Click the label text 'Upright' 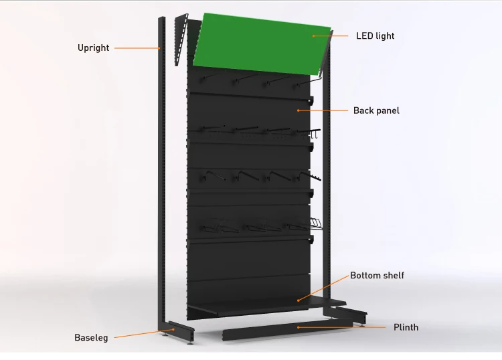click(93, 48)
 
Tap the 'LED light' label click(375, 35)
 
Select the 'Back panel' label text click(376, 110)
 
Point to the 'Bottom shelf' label click(378, 275)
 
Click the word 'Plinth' click(406, 327)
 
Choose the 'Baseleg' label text click(91, 338)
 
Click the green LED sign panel click(261, 43)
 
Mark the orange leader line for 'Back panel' click(323, 110)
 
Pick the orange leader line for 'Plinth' click(342, 327)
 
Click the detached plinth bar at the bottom click(288, 329)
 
